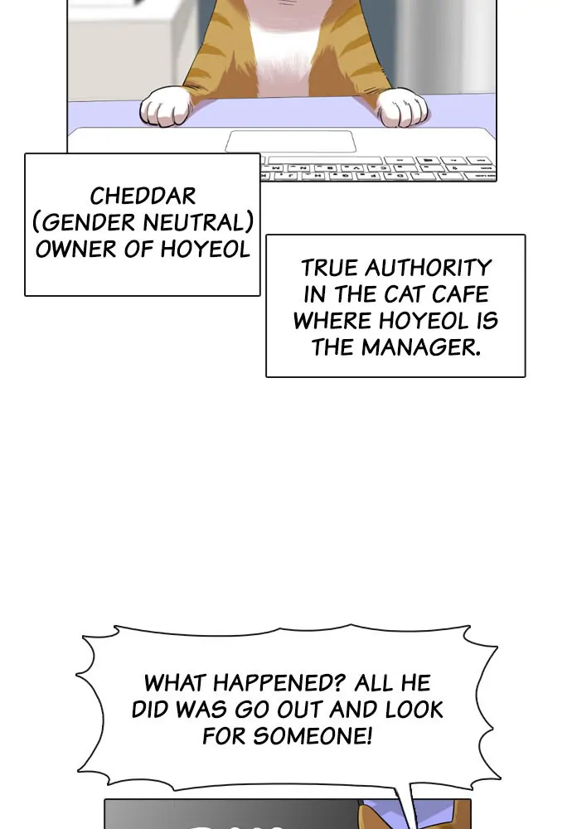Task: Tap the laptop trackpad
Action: (290, 142)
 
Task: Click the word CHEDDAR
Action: (143, 196)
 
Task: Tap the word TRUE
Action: (330, 268)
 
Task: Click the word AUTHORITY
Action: (429, 268)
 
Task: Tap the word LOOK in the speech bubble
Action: (414, 710)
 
